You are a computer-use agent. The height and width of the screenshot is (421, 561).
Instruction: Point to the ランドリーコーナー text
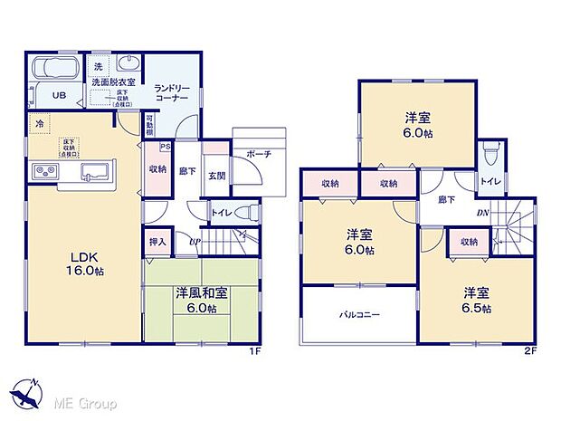tap(170, 92)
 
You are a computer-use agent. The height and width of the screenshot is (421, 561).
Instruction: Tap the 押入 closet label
tap(157, 242)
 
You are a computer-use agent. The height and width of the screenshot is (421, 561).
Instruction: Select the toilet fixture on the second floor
tap(490, 157)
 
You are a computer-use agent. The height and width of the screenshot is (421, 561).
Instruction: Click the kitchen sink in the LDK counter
tap(92, 170)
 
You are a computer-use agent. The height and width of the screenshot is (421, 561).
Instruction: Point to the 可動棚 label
tap(150, 124)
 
